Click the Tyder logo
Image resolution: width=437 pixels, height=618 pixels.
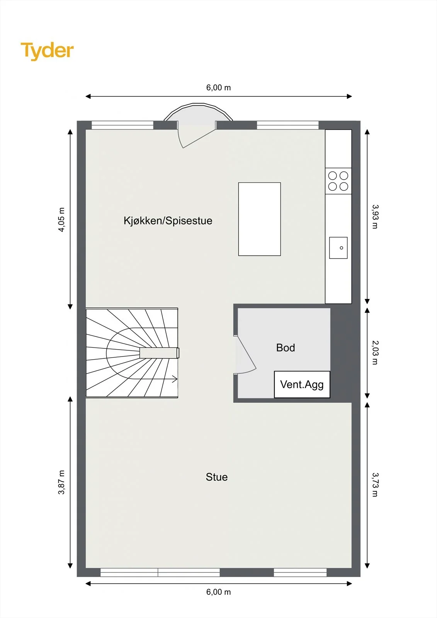click(x=47, y=51)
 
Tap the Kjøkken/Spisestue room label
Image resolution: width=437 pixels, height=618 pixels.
click(x=168, y=221)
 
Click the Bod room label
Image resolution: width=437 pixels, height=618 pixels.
click(x=286, y=348)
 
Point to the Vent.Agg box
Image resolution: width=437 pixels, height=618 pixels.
click(x=302, y=384)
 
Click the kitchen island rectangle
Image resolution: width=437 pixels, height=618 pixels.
click(x=260, y=219)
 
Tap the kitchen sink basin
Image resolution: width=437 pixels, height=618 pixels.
click(x=338, y=248)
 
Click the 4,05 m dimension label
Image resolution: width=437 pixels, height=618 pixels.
click(x=61, y=220)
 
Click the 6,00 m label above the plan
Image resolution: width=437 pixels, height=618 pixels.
click(x=218, y=87)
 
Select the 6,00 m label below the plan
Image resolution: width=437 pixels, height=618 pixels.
click(x=218, y=592)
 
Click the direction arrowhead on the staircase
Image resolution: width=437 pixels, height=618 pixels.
click(x=175, y=379)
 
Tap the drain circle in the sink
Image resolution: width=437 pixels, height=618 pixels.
click(x=342, y=248)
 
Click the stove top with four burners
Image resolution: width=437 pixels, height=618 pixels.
click(x=338, y=181)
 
